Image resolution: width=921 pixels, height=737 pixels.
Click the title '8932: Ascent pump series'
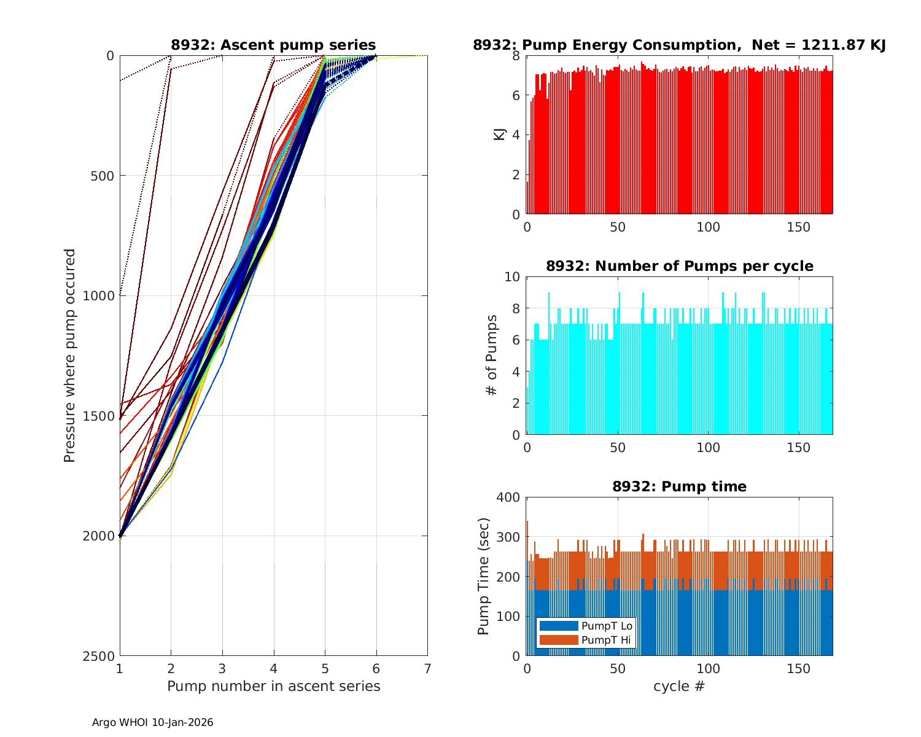point(273,45)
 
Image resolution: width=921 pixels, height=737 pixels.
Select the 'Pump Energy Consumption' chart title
point(679,45)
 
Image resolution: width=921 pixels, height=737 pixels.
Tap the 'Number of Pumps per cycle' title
point(679,266)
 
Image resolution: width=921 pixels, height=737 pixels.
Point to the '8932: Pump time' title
point(679,486)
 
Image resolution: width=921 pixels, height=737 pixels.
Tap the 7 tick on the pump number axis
point(427,668)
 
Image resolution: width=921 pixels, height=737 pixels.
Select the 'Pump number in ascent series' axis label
point(273,686)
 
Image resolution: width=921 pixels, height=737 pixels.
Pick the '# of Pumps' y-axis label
point(492,355)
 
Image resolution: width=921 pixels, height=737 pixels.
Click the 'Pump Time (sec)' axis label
point(484,576)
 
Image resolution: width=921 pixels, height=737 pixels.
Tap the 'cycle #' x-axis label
point(679,686)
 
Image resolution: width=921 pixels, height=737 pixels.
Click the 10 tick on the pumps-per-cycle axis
point(513,276)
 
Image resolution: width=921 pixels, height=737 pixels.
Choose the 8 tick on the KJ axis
point(516,56)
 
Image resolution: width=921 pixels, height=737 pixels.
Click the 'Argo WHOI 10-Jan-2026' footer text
point(153,723)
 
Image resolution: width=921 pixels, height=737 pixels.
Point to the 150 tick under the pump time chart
point(799,668)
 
